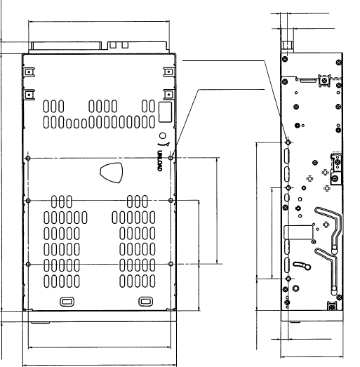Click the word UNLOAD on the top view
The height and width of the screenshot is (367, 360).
159,161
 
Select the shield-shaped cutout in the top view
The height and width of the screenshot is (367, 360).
112,173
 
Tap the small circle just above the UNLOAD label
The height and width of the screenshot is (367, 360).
162,135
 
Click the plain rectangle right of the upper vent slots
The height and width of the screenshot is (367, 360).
165,112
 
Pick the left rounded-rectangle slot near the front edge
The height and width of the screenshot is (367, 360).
67,302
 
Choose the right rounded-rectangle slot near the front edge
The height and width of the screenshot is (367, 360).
145,302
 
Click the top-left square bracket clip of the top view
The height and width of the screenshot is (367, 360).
29,72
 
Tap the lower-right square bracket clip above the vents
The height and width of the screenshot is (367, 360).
168,95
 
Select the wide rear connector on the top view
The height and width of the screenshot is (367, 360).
66,46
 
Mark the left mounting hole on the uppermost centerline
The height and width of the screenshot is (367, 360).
28,159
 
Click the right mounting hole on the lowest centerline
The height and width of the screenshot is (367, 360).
171,264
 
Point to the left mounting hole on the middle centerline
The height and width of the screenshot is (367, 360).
28,201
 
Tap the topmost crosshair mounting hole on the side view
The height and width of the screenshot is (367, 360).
288,142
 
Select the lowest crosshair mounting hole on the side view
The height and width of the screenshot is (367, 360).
288,279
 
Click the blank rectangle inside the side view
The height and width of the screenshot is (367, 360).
298,232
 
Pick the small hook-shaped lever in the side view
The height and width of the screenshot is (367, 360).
302,265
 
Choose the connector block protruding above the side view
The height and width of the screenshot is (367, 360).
286,47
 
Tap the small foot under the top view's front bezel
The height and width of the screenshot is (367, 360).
40,323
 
